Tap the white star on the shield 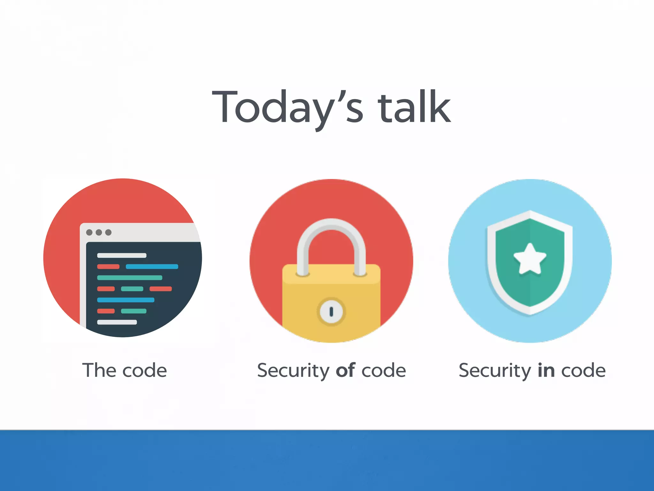[530, 259]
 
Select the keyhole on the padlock [331, 311]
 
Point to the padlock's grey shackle [331, 230]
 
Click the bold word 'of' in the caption [346, 370]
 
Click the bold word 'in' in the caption [546, 370]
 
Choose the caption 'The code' [125, 370]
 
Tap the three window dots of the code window [99, 232]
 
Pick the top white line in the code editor [122, 255]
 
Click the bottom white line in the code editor [117, 322]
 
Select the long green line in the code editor [130, 278]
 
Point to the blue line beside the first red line [152, 267]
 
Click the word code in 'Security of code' [384, 370]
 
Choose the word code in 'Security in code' [583, 370]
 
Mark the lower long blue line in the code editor [125, 300]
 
